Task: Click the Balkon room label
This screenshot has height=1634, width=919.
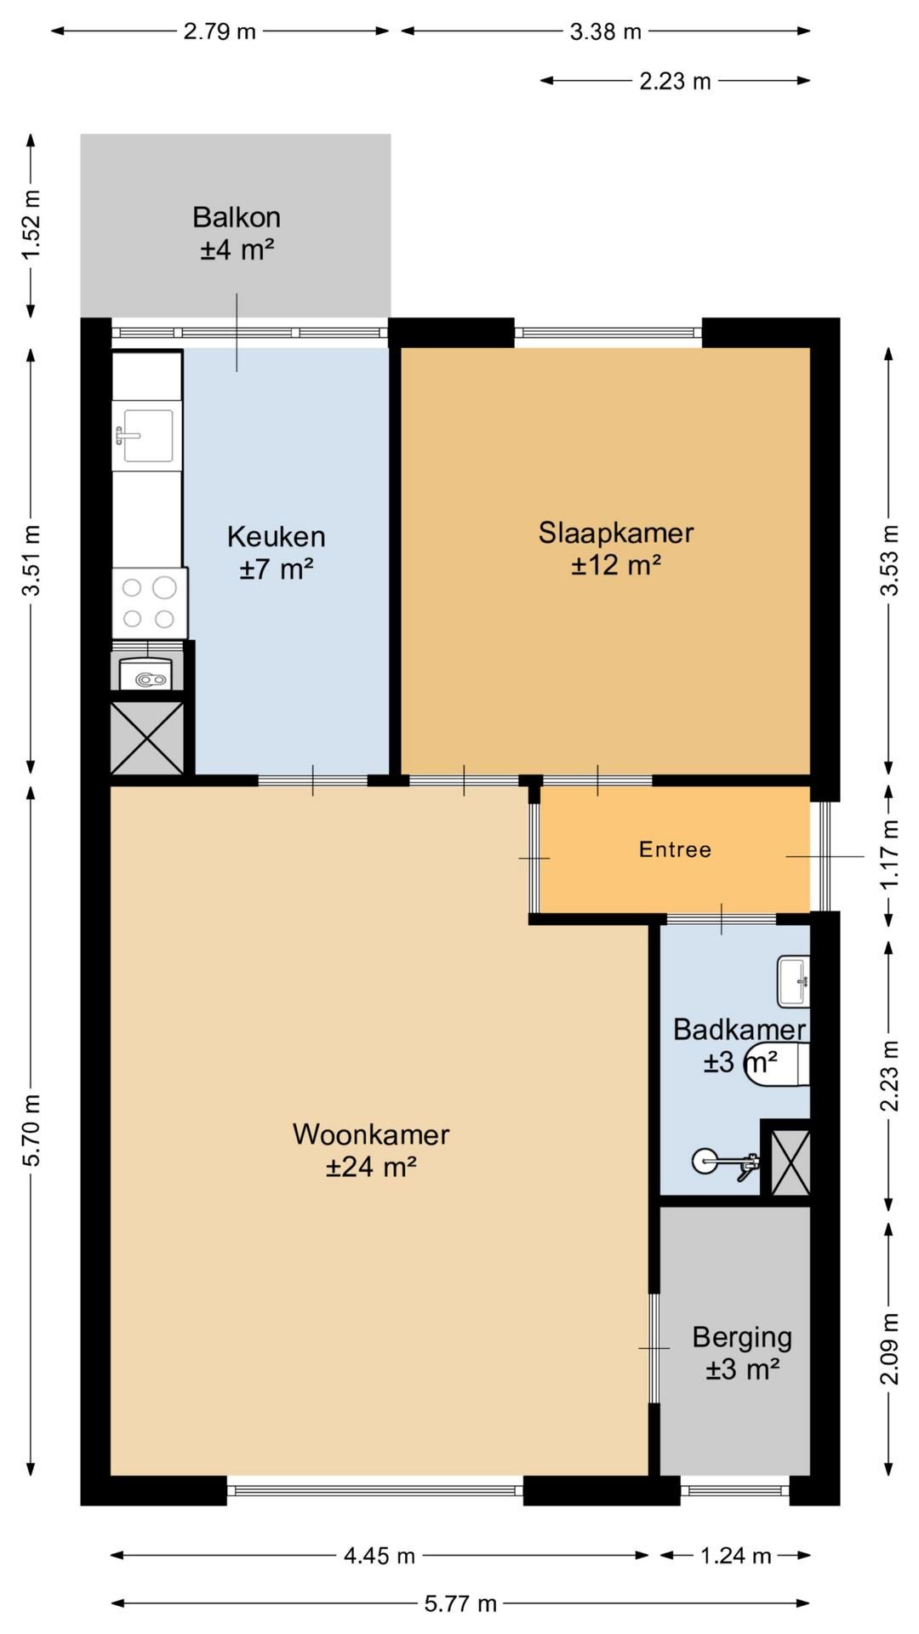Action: point(237,217)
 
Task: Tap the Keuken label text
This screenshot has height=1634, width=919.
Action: point(277,536)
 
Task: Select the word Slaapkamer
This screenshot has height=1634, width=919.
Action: point(616,533)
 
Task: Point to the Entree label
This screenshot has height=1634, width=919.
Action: point(675,849)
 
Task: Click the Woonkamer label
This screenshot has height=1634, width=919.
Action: point(371,1134)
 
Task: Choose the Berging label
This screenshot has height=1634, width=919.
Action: point(742,1337)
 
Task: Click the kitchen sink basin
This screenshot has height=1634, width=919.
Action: point(148,435)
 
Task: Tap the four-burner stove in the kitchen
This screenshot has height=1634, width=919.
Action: point(150,603)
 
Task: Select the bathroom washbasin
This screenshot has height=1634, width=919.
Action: point(793,981)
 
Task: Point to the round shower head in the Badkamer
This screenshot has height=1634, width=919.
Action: point(704,1160)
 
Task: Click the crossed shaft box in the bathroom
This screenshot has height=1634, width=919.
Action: point(791,1162)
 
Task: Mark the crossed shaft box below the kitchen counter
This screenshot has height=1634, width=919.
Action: point(147,738)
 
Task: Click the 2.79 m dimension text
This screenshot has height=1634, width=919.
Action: point(220,32)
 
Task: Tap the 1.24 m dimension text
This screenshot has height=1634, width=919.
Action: point(735,1557)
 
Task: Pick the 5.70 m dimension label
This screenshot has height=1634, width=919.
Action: point(31,1130)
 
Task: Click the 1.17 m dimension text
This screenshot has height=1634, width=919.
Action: point(889,854)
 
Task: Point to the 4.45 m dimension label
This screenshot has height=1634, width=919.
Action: point(380,1557)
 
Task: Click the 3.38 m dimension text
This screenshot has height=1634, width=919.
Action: point(605,32)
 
